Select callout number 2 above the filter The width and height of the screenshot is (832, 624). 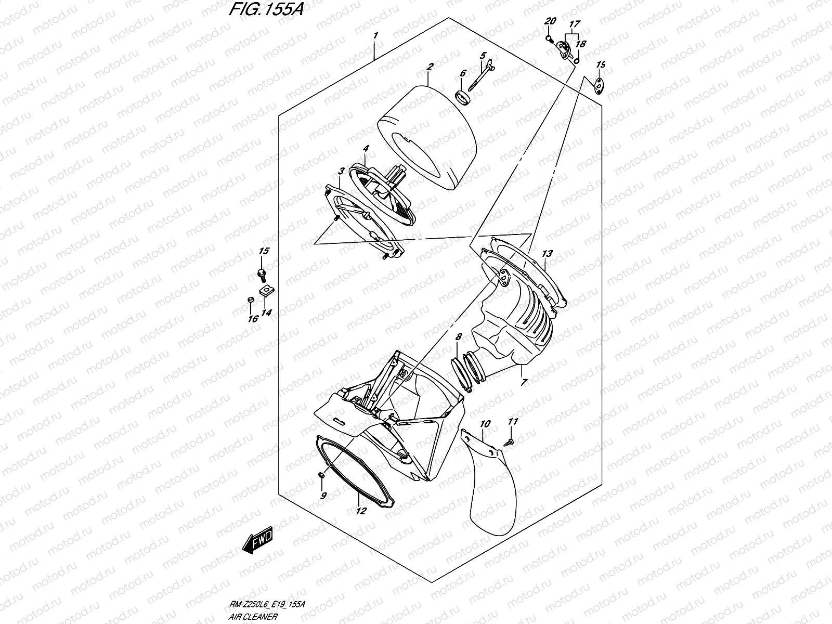click(x=430, y=67)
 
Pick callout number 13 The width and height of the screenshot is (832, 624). click(x=547, y=254)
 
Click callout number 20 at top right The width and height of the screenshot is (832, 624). click(x=550, y=21)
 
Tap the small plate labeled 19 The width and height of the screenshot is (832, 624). click(x=600, y=85)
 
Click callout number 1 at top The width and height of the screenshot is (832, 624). click(x=375, y=36)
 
